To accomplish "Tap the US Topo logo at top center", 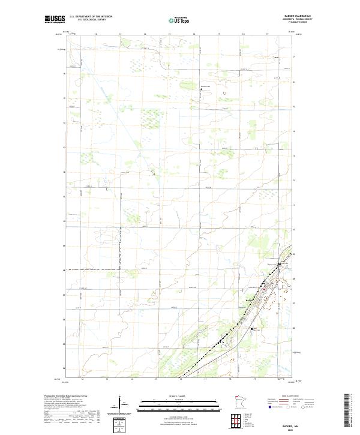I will (x=180, y=19).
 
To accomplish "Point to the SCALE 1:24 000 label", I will (x=169, y=397).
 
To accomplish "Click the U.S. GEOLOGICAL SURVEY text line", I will (x=90, y=20).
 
